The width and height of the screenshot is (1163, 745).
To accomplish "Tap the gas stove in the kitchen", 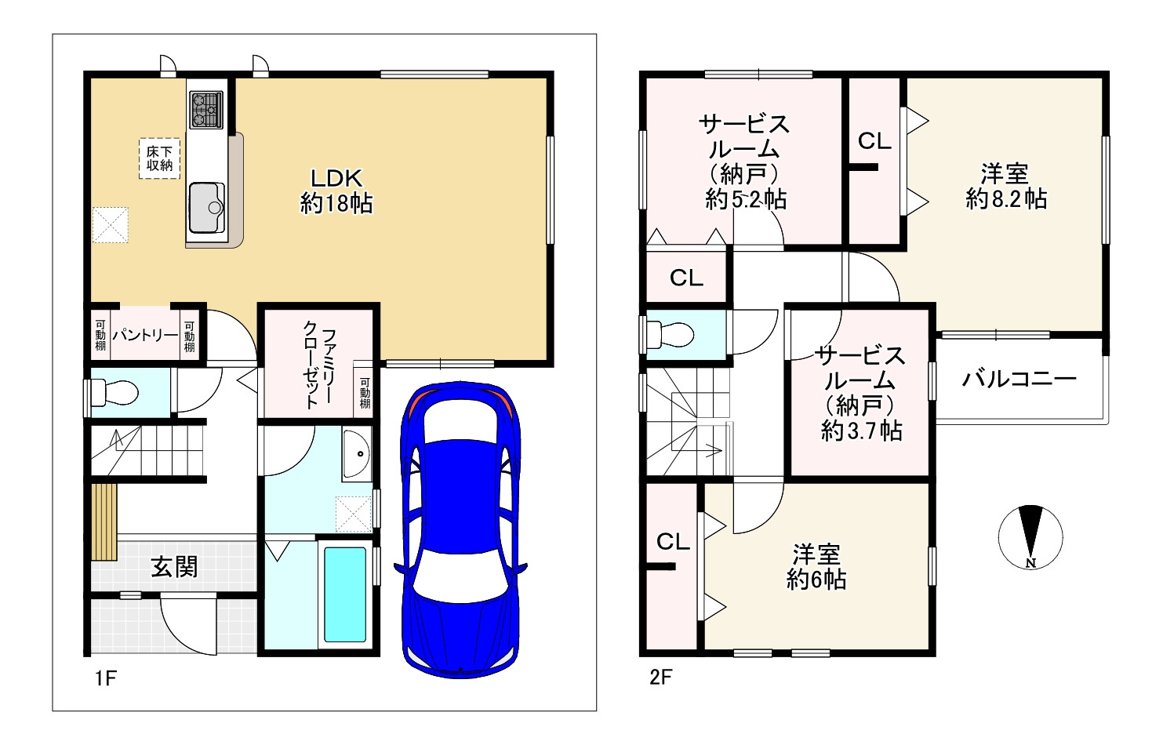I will pyautogui.click(x=205, y=110).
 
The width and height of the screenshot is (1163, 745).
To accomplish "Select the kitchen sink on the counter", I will pyautogui.click(x=207, y=208).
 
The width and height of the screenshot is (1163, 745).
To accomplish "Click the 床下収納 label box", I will pyautogui.click(x=159, y=158).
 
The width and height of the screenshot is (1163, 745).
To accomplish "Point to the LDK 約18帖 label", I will pyautogui.click(x=336, y=191).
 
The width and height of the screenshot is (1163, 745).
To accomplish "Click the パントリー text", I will pyautogui.click(x=144, y=336).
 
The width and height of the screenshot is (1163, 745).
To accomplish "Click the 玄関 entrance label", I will pyautogui.click(x=174, y=566).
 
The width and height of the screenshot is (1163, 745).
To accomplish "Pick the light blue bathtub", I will pyautogui.click(x=345, y=594).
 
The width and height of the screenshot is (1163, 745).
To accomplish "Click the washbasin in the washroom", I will pyautogui.click(x=358, y=454).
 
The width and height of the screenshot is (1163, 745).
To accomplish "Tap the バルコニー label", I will pyautogui.click(x=1019, y=380).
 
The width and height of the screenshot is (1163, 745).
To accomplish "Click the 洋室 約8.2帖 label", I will pyautogui.click(x=1006, y=186).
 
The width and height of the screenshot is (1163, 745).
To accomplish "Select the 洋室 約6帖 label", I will pyautogui.click(x=816, y=567).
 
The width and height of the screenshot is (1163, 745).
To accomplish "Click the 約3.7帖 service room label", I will pyautogui.click(x=861, y=393).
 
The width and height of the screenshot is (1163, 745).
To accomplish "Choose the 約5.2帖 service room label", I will pyautogui.click(x=744, y=161).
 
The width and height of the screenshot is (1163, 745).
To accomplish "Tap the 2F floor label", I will pyautogui.click(x=660, y=676).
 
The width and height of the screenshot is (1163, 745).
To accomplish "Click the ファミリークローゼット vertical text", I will pyautogui.click(x=319, y=364).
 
